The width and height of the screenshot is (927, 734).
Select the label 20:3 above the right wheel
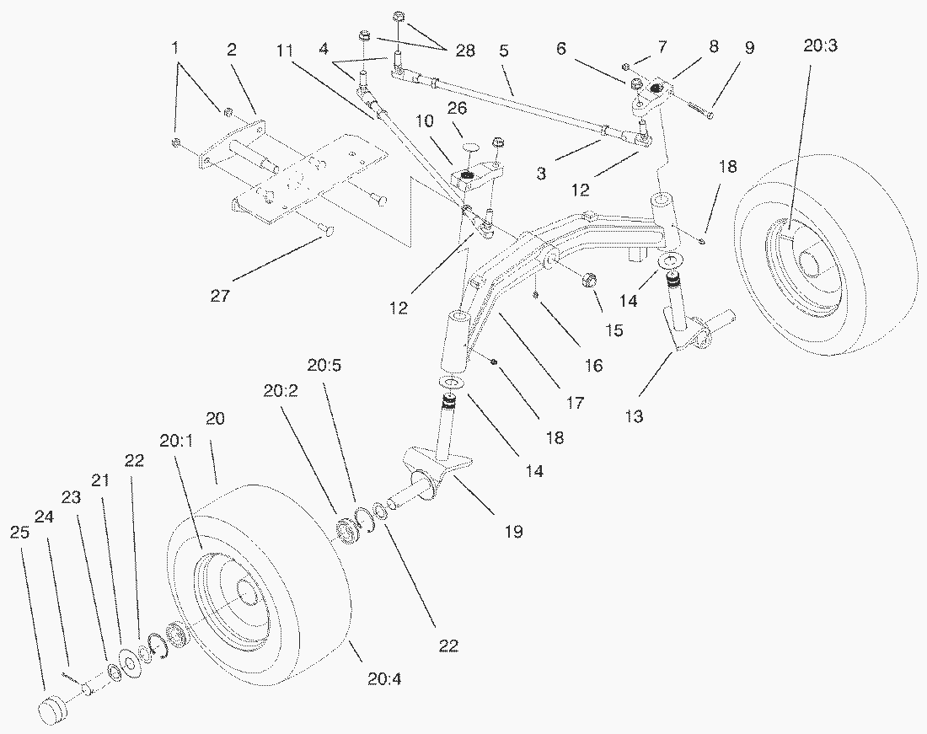point(820,48)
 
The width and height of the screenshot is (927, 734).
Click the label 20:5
point(323,366)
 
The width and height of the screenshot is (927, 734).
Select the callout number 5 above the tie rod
point(503,51)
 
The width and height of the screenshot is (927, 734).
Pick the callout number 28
point(464,51)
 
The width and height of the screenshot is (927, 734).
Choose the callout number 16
point(593,365)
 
